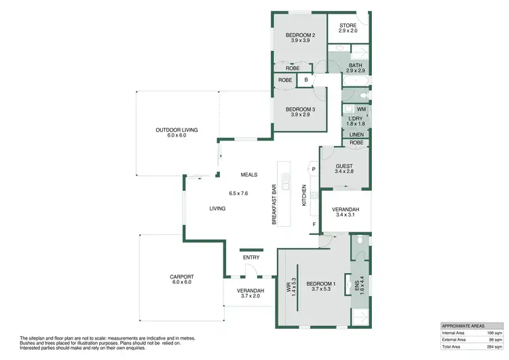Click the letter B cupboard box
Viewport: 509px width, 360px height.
(306, 80)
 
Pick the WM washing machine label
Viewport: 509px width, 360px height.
(361, 109)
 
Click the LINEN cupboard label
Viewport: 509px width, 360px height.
(356, 134)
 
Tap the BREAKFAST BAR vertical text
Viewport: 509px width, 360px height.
(275, 204)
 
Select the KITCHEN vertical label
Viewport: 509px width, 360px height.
(304, 196)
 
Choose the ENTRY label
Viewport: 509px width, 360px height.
(250, 257)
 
